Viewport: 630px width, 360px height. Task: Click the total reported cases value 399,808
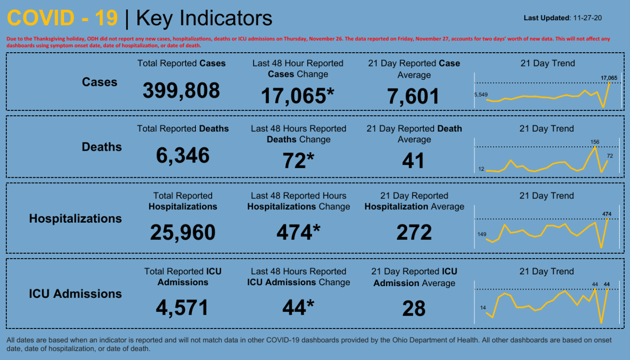click(181, 91)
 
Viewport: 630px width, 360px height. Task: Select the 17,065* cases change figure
click(297, 96)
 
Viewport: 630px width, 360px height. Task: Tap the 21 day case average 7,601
click(413, 96)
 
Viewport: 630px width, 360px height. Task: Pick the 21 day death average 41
click(413, 161)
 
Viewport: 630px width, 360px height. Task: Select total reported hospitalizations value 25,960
click(183, 232)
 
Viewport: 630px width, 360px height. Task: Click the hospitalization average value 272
click(414, 232)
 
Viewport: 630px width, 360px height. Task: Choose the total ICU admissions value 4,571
click(183, 308)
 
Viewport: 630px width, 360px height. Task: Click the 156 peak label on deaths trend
click(595, 142)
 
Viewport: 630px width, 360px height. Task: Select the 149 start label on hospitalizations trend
click(481, 234)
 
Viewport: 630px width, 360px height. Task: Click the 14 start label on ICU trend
click(483, 308)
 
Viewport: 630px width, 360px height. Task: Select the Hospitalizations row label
click(75, 219)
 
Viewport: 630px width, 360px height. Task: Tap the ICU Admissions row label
click(75, 294)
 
